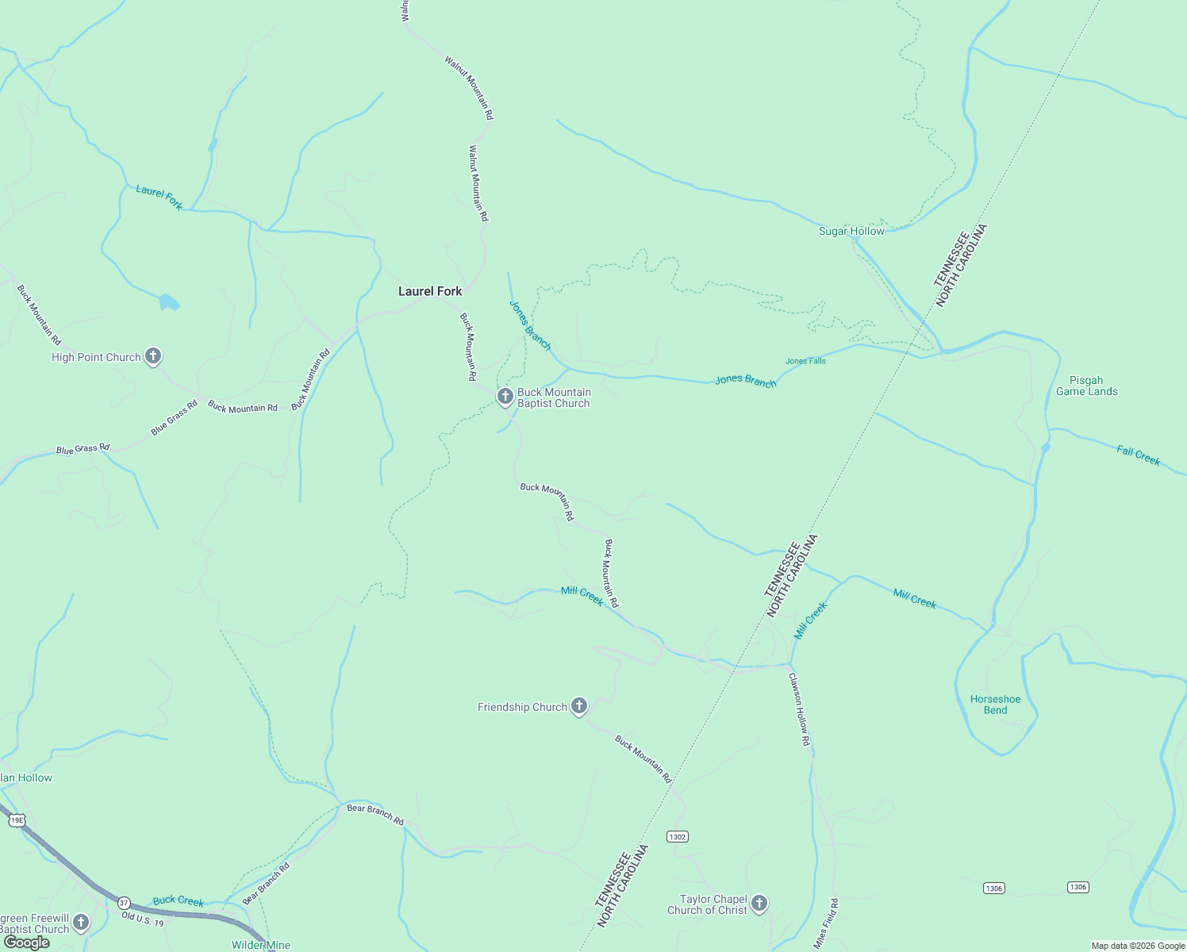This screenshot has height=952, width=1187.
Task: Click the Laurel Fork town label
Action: (430, 291)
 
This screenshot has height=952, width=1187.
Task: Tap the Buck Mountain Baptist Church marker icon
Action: (505, 396)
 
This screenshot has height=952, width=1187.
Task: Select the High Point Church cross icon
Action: (153, 356)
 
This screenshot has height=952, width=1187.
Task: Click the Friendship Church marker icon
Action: (579, 705)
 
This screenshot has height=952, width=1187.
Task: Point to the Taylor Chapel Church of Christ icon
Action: (759, 903)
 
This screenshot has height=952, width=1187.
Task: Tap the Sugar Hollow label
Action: (851, 231)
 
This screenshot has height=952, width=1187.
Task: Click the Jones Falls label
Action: (805, 361)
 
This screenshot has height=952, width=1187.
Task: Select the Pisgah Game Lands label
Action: (1087, 386)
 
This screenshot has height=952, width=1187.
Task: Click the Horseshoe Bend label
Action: (995, 704)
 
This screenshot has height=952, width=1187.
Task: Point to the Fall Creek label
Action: (1138, 455)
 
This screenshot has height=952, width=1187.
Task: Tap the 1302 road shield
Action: (677, 837)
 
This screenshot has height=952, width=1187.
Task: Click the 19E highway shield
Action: (17, 820)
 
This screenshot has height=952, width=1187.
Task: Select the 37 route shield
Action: (124, 903)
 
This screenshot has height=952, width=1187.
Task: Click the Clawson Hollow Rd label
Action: (799, 709)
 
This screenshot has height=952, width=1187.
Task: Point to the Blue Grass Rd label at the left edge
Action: (83, 449)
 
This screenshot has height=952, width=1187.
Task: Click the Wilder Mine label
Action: (260, 945)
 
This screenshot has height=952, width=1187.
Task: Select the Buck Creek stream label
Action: (179, 900)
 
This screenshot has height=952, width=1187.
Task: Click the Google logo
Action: (26, 942)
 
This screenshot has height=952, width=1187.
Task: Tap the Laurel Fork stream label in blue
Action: (159, 197)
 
